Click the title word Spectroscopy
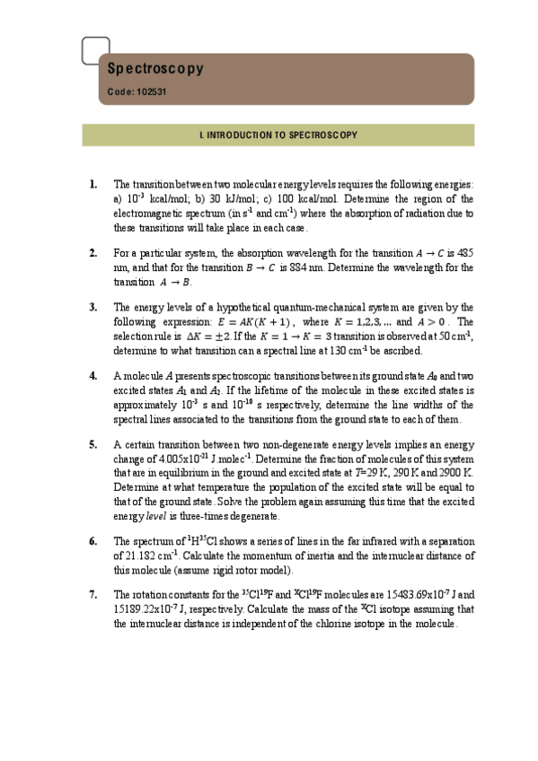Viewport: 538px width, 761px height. click(x=155, y=68)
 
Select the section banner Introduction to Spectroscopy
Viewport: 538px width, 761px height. click(x=278, y=136)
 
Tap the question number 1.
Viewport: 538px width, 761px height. click(x=94, y=184)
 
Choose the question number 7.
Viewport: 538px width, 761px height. click(x=94, y=594)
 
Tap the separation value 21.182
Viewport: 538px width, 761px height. click(x=148, y=555)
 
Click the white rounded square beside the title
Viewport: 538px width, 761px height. click(x=95, y=51)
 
